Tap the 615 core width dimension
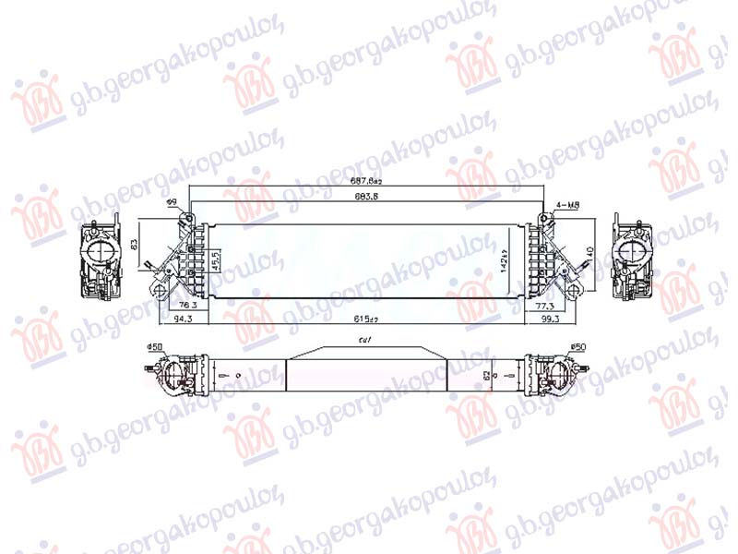point(368,319)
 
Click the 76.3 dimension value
point(188,305)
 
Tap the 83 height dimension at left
point(134,245)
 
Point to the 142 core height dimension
point(505,262)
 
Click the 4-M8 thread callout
point(568,204)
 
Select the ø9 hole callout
point(172,203)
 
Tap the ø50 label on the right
point(579,347)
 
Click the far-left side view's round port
point(100,252)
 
